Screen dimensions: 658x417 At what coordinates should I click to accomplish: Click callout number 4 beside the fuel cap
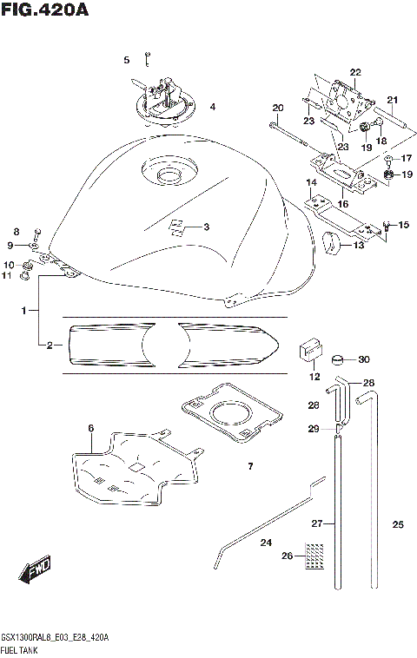pyautogui.click(x=212, y=108)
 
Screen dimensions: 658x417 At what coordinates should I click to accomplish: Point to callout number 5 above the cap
pyautogui.click(x=126, y=60)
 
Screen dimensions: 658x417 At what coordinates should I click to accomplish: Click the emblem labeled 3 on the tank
pyautogui.click(x=177, y=227)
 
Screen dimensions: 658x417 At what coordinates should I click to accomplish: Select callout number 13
pyautogui.click(x=359, y=246)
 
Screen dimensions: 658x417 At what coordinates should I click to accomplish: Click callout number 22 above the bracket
pyautogui.click(x=354, y=72)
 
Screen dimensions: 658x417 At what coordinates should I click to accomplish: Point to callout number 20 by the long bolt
pyautogui.click(x=278, y=109)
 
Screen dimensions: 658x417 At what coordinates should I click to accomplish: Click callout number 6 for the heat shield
pyautogui.click(x=89, y=428)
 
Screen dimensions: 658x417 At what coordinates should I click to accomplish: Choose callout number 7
pyautogui.click(x=249, y=467)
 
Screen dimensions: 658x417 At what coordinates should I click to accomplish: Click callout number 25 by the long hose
pyautogui.click(x=398, y=524)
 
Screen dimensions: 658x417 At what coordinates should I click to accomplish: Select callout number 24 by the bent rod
pyautogui.click(x=266, y=543)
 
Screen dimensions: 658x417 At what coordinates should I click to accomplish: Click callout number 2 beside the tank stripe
pyautogui.click(x=50, y=345)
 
